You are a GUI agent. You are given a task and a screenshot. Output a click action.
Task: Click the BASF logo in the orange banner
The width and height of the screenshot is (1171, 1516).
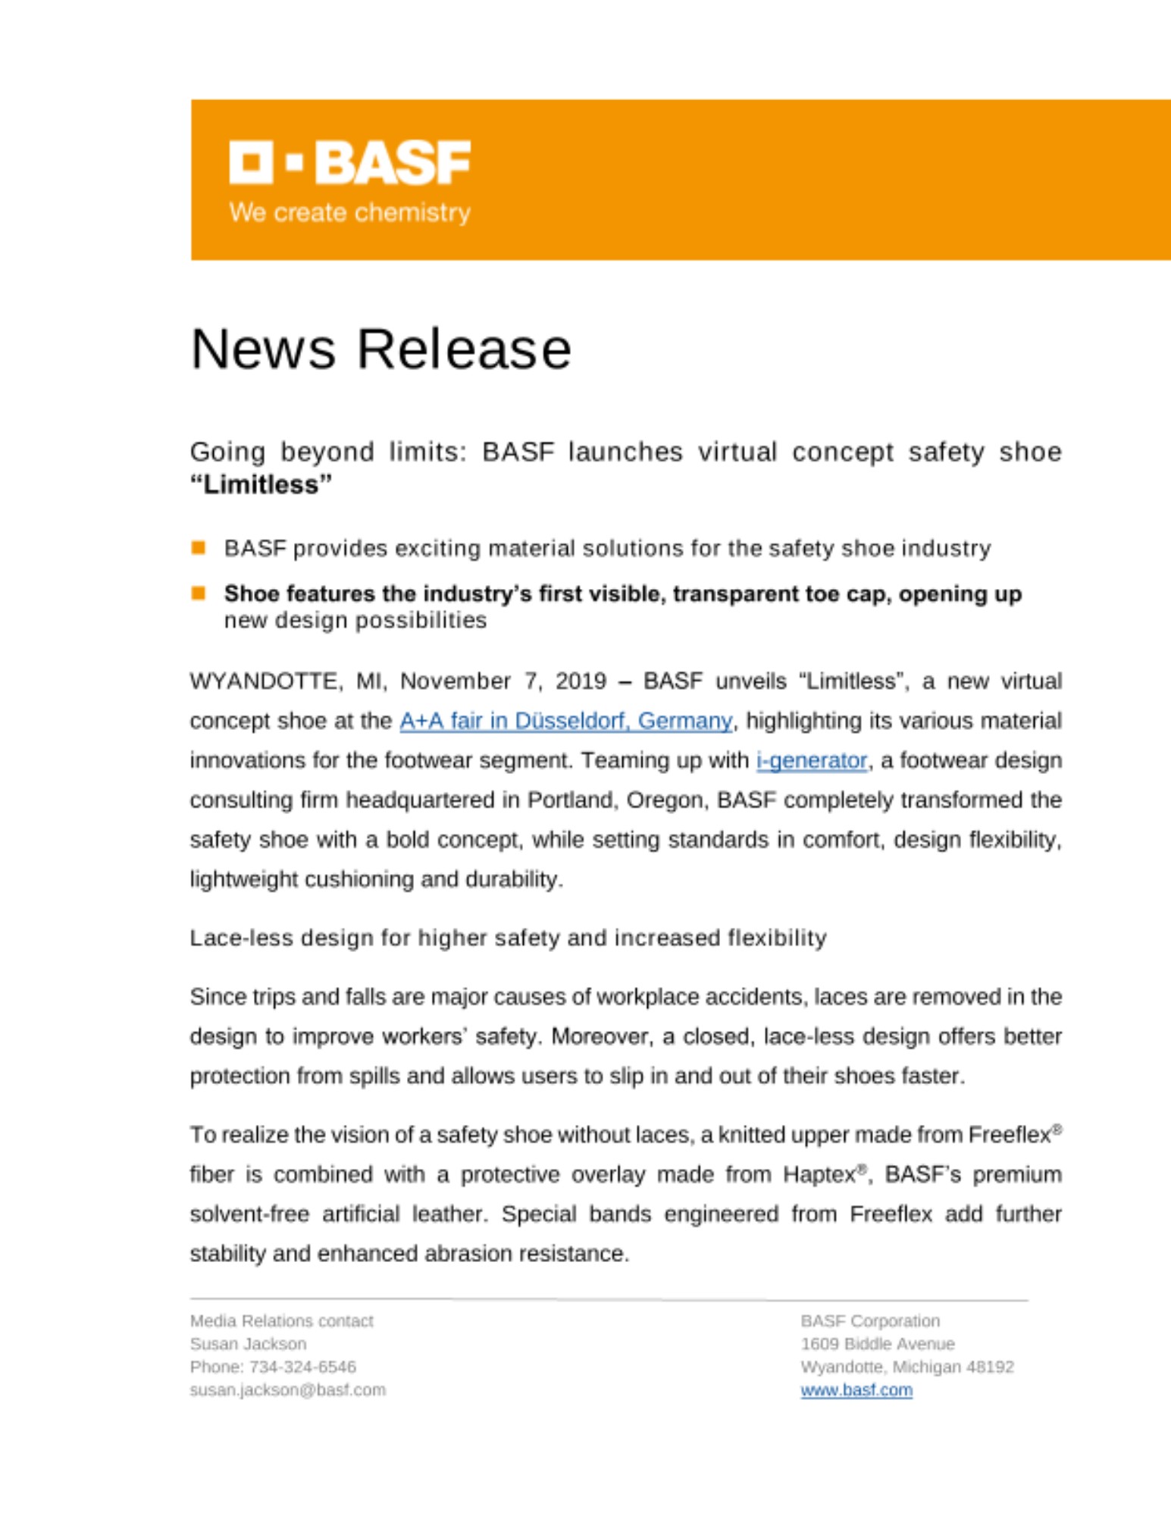pyautogui.click(x=349, y=162)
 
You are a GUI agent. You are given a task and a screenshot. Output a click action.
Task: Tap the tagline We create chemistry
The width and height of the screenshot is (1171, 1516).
pyautogui.click(x=349, y=212)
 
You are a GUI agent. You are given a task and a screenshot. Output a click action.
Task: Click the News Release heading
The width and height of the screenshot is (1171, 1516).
pyautogui.click(x=380, y=349)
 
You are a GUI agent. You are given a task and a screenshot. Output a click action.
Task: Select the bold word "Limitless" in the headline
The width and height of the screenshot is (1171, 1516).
pyautogui.click(x=261, y=484)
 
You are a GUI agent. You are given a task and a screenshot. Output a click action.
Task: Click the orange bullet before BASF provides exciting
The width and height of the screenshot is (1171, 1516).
pyautogui.click(x=199, y=547)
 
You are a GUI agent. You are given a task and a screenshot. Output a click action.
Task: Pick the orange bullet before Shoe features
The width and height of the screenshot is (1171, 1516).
pyautogui.click(x=199, y=593)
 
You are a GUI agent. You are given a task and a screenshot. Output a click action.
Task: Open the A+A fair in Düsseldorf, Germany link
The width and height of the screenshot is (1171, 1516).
pyautogui.click(x=565, y=720)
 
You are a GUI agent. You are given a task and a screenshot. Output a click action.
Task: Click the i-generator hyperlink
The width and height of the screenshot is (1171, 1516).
pyautogui.click(x=811, y=760)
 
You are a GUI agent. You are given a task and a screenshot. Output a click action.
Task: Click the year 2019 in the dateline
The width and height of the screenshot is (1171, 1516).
pyautogui.click(x=581, y=681)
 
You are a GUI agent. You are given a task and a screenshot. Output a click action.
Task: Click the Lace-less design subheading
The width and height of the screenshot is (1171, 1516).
pyautogui.click(x=508, y=938)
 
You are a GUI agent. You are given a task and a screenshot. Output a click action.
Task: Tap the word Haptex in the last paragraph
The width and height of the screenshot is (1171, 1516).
pyautogui.click(x=820, y=1175)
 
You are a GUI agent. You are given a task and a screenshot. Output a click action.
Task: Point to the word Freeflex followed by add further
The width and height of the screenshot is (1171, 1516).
pyautogui.click(x=891, y=1214)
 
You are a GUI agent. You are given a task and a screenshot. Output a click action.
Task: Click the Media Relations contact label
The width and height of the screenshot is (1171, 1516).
pyautogui.click(x=281, y=1321)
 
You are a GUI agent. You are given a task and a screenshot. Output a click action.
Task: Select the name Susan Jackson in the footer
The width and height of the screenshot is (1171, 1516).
pyautogui.click(x=248, y=1344)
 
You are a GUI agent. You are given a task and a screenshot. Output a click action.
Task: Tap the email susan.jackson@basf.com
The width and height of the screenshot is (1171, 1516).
pyautogui.click(x=287, y=1390)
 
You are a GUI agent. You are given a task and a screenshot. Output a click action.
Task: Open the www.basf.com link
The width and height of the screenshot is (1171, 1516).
pyautogui.click(x=856, y=1390)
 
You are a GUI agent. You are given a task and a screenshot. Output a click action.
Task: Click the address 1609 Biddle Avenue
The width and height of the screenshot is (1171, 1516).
pyautogui.click(x=878, y=1344)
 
